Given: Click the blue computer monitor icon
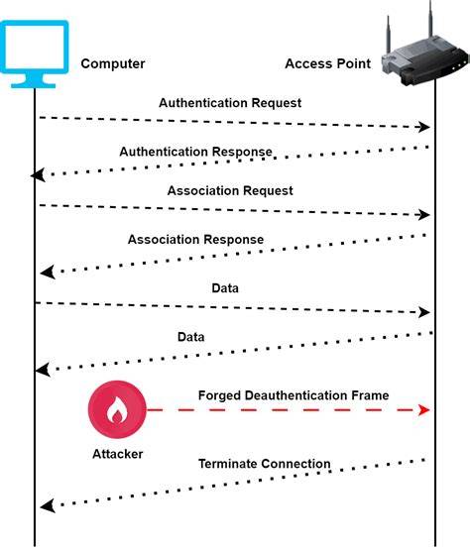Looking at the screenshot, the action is point(35,54).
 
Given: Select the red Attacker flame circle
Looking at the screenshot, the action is point(117,409).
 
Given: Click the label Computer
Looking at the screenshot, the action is point(113,63).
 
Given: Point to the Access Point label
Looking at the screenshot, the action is point(328,63).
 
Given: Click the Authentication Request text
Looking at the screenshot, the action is point(230,103).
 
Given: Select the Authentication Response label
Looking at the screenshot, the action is point(195,152).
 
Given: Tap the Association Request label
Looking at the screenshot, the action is point(230,191).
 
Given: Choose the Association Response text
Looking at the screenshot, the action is point(195,240).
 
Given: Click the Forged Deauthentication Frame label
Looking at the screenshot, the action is point(294,395).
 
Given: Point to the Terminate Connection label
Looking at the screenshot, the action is point(265,464).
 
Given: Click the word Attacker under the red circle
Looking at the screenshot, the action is point(117,454).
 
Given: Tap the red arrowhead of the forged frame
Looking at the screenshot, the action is point(424,409).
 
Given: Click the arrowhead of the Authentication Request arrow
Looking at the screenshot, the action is point(424,127).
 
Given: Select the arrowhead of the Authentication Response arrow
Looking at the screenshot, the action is point(38,174).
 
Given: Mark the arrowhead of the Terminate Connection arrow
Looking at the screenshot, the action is point(48,506).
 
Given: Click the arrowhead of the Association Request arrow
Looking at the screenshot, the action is point(424,215).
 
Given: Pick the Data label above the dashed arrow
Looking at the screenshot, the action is point(225,288).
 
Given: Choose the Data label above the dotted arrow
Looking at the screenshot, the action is point(190,337).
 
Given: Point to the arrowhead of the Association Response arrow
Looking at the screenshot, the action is point(48,273).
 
